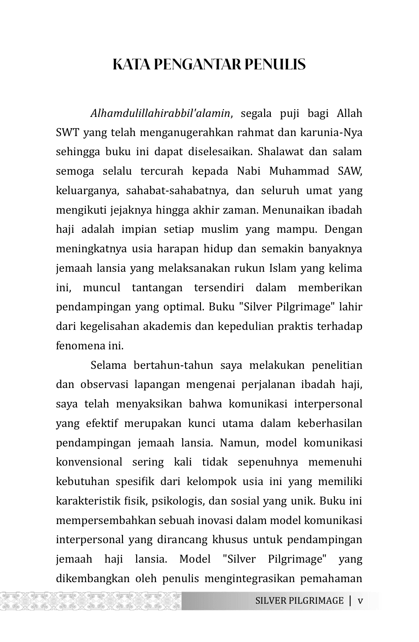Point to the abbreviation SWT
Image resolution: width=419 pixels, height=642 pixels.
pos(68,133)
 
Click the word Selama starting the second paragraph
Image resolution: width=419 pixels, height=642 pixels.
pos(108,365)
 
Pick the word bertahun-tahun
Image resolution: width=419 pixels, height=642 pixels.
pos(174,365)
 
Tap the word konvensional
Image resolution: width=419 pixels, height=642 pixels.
pos(89,462)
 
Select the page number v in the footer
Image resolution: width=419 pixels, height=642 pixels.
pos(361,601)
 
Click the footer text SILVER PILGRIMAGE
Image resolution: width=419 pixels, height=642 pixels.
pos(299,601)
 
